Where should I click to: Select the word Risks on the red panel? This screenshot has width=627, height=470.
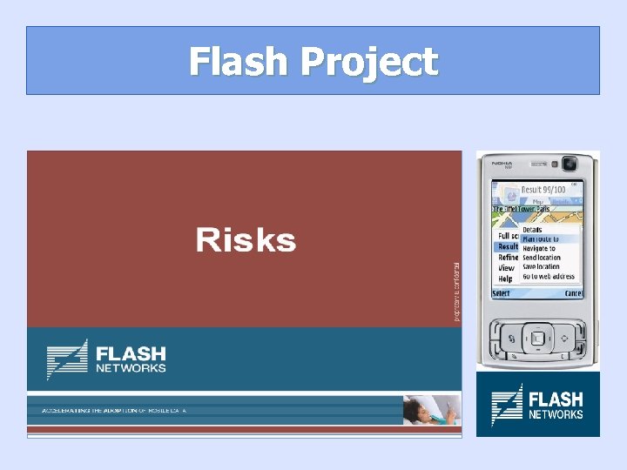coord(246,240)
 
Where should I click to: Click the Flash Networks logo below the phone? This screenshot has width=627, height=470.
coord(537,405)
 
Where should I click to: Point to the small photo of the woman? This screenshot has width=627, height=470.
coord(430,410)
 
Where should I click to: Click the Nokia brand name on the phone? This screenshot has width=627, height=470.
coord(502,162)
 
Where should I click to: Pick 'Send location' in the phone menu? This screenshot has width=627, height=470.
coord(542,258)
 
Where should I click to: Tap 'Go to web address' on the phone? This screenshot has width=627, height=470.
coord(549,277)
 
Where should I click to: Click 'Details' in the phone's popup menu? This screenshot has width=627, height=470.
coord(532,230)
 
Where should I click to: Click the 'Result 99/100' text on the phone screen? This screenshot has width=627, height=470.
coord(543,189)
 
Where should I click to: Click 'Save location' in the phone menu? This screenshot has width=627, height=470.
coord(541,267)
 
